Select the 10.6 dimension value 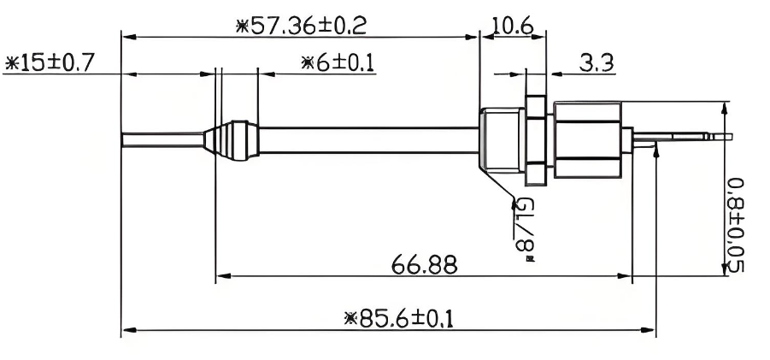tap(513, 25)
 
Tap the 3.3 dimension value tap(597, 63)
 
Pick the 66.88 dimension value tap(424, 265)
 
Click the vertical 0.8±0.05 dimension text tap(735, 225)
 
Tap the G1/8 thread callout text tap(524, 229)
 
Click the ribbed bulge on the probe tap(231, 140)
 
